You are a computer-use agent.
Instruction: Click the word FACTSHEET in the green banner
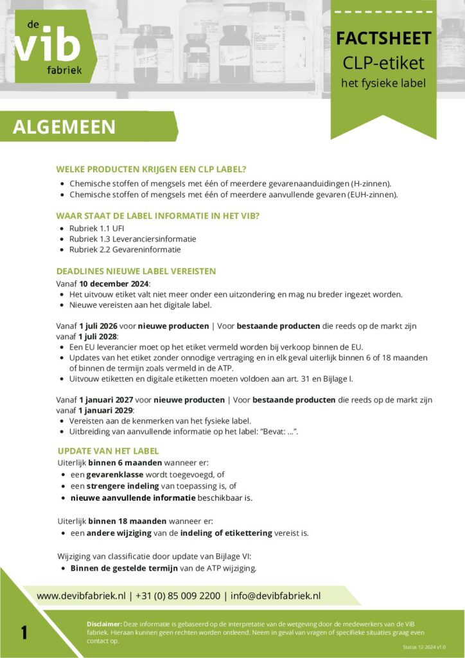tap(383, 39)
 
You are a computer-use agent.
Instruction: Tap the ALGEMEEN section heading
tap(64, 127)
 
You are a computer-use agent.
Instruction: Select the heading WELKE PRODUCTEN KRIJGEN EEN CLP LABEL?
tap(151, 169)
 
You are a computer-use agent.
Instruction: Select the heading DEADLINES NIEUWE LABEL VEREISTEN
tap(136, 271)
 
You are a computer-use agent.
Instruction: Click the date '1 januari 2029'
tap(106, 410)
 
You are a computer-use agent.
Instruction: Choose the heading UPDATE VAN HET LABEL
tap(108, 450)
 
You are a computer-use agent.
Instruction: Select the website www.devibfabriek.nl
tap(81, 596)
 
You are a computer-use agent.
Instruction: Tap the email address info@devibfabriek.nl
tap(276, 596)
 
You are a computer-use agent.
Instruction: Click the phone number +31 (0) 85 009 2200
tap(177, 596)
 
